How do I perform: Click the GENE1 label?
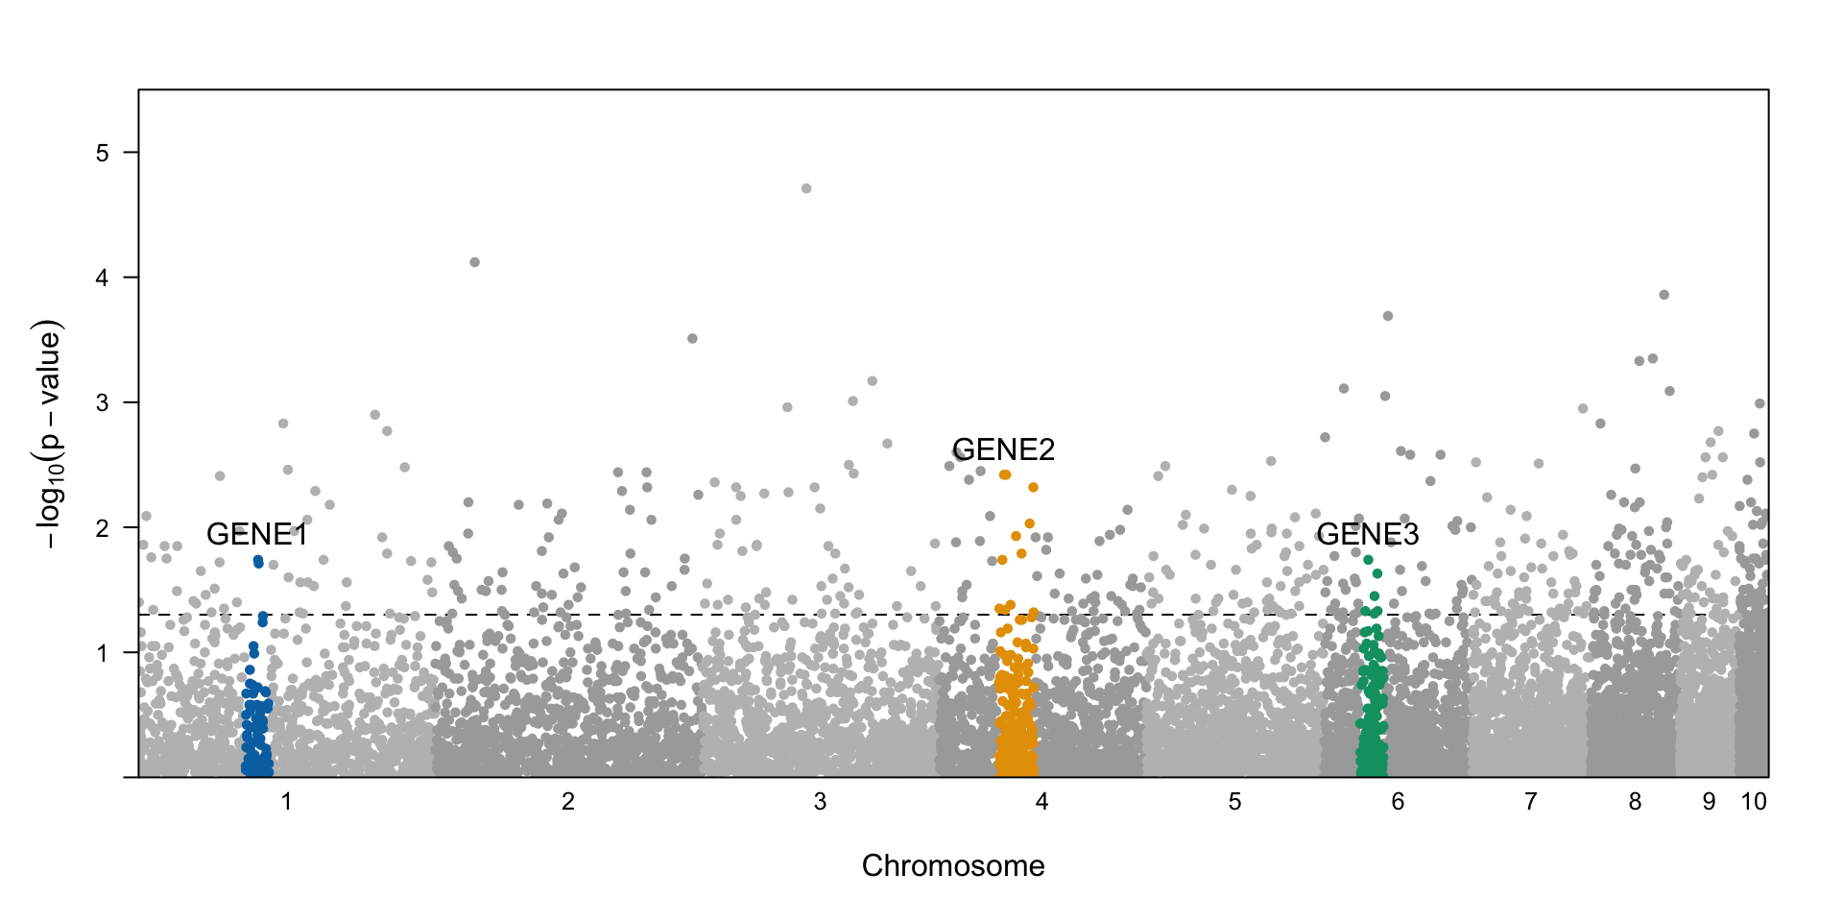click(257, 534)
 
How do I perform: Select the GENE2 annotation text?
click(1003, 449)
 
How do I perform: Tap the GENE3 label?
click(1367, 534)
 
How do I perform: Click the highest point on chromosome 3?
click(806, 188)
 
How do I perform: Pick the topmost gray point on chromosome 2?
click(474, 262)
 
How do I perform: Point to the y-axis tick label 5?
click(103, 153)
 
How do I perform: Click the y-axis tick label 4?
click(103, 278)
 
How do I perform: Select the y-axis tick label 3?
click(103, 402)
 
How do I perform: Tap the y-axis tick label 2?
click(103, 527)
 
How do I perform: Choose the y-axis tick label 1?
click(103, 653)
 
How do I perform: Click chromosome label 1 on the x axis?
click(286, 801)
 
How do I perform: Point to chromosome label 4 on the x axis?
click(1041, 801)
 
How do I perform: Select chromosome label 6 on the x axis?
click(1398, 801)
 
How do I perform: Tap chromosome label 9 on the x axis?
click(1709, 801)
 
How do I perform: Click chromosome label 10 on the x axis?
click(1754, 801)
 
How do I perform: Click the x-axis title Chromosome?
click(952, 865)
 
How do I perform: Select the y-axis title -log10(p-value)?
click(48, 434)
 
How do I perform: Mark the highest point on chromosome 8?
click(1664, 295)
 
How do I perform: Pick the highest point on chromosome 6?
click(1388, 316)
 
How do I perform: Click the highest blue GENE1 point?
click(257, 560)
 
